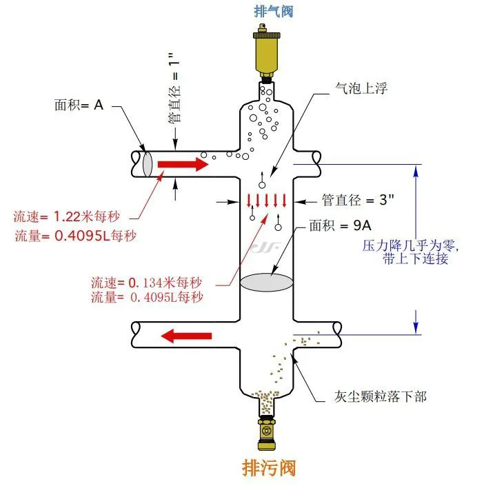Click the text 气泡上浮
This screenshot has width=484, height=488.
[x=361, y=88]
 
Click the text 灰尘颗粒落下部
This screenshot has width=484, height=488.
[x=380, y=396]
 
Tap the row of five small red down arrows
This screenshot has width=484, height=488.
[x=266, y=201]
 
